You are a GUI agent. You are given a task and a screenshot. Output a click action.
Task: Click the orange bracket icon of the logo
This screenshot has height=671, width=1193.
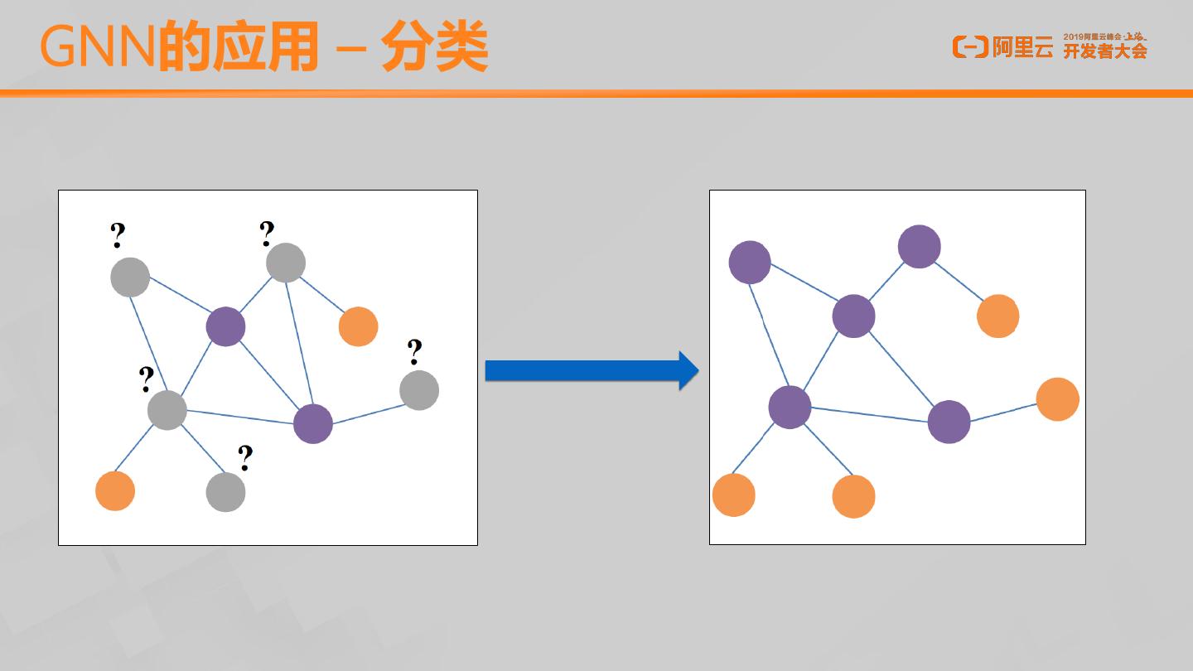970,47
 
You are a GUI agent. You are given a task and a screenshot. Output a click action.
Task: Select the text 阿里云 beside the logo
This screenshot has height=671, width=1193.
1023,48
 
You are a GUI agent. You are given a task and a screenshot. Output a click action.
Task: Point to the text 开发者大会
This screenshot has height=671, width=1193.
1105,51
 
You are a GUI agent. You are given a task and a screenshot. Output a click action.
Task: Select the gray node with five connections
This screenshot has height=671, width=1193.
167,409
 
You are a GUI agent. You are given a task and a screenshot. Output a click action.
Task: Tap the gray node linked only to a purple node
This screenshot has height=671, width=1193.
419,390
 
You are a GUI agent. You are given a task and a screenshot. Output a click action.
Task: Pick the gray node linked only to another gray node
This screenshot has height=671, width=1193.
225,492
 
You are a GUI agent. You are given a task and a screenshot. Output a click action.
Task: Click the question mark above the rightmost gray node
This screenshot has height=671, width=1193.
415,352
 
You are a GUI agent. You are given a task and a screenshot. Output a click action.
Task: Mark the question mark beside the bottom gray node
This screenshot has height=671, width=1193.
245,457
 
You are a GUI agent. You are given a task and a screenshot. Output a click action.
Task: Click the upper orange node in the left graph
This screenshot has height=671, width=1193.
358,326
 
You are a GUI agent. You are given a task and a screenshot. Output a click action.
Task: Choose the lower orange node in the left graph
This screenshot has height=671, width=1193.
115,490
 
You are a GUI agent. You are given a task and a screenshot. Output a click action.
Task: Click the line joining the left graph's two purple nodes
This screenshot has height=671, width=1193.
269,375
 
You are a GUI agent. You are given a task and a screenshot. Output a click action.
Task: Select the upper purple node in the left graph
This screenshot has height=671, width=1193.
225,326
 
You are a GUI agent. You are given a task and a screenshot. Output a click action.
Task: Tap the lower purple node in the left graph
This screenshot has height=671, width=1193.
313,424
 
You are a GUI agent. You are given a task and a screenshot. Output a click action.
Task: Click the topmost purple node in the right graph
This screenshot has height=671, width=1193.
920,247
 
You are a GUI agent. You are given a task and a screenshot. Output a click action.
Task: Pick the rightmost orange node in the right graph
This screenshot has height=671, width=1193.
1057,399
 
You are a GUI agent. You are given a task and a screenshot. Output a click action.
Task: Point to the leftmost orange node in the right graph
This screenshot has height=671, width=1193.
734,495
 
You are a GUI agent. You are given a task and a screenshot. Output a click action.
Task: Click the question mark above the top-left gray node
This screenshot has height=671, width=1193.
118,236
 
